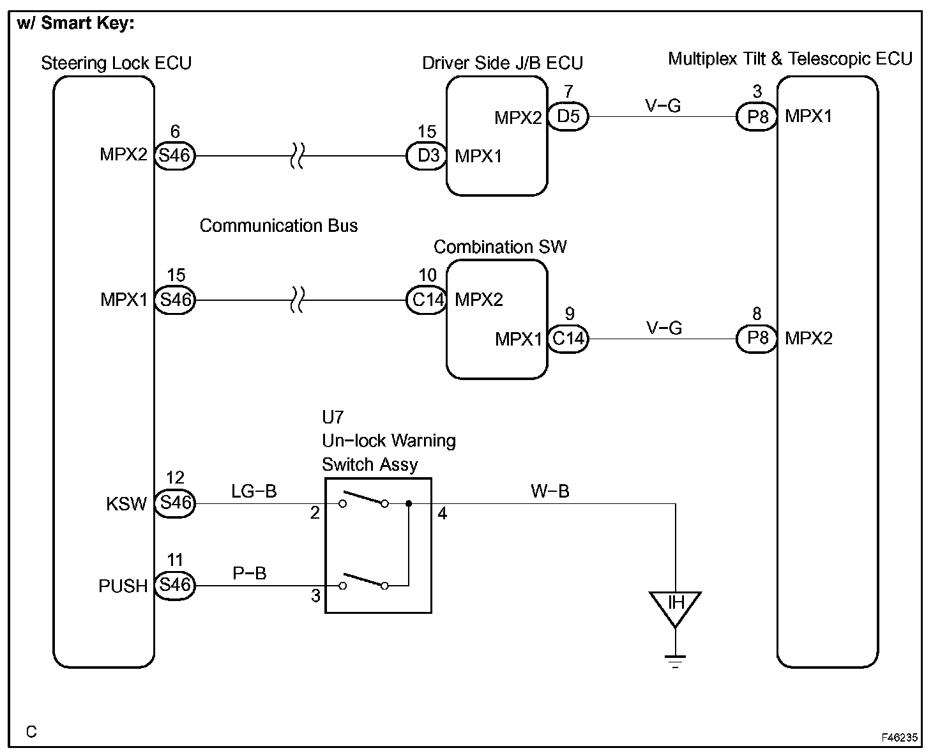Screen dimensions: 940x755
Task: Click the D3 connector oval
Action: point(427,156)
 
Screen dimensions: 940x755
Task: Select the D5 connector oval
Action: point(568,117)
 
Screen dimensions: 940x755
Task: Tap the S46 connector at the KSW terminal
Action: point(175,503)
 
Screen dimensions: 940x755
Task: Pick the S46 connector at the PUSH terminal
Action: point(175,586)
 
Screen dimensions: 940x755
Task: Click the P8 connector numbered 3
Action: point(757,117)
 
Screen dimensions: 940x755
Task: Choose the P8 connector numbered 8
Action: point(757,339)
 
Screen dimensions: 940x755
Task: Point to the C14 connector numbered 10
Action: point(427,300)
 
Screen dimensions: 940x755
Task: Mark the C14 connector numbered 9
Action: point(568,339)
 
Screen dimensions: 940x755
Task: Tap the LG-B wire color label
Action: point(254,491)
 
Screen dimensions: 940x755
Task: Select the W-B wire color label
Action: point(550,491)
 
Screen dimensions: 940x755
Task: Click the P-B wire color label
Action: point(250,573)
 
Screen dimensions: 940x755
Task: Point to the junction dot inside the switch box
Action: point(409,504)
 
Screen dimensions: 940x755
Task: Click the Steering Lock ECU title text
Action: point(116,63)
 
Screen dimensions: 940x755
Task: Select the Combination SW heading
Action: point(500,247)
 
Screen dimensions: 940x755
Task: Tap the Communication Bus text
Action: point(278,226)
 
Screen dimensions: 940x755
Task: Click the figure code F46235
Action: point(899,738)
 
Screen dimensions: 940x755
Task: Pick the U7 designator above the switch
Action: point(333,418)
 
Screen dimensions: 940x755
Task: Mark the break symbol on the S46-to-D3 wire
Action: point(297,156)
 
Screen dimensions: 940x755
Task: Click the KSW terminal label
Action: point(126,504)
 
